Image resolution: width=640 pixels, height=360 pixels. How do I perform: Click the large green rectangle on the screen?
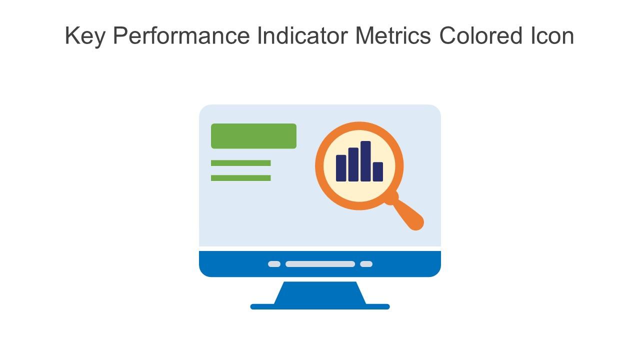pyautogui.click(x=253, y=136)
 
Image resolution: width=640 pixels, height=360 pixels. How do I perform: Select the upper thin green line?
pyautogui.click(x=240, y=163)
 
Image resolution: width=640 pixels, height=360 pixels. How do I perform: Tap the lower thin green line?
pyautogui.click(x=240, y=178)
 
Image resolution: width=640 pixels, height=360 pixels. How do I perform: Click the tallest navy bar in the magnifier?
pyautogui.click(x=365, y=161)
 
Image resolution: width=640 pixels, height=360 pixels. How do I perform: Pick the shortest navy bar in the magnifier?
pyautogui.click(x=378, y=171)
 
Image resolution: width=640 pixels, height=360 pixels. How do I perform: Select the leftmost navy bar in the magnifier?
pyautogui.click(x=341, y=168)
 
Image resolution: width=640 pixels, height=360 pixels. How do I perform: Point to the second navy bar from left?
pyautogui.click(x=353, y=164)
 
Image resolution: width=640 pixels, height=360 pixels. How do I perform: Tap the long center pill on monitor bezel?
pyautogui.click(x=320, y=264)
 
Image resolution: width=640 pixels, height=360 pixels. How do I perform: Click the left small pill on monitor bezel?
pyautogui.click(x=274, y=264)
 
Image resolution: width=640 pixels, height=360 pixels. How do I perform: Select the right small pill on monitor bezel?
pyautogui.click(x=366, y=264)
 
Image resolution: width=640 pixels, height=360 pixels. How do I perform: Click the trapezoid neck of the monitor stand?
pyautogui.click(x=320, y=292)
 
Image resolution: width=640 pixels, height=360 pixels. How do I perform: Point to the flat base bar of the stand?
pyautogui.click(x=320, y=306)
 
